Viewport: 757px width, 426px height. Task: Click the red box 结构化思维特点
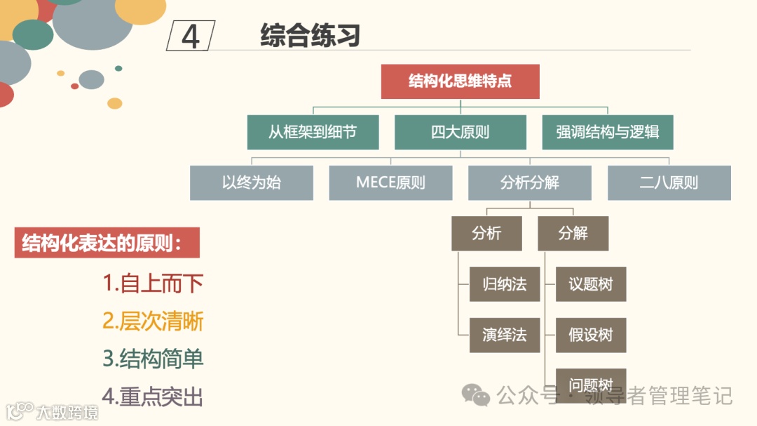pos(460,81)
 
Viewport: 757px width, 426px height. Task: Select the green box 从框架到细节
pos(313,132)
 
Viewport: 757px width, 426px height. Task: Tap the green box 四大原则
pos(460,132)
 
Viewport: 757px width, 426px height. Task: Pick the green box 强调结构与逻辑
pos(607,132)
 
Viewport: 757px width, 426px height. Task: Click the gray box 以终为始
pos(251,183)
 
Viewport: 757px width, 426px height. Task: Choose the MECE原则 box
pos(390,183)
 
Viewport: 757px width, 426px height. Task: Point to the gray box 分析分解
pos(529,183)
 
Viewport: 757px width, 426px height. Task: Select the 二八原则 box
pos(669,183)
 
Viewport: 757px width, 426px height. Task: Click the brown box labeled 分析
pos(486,234)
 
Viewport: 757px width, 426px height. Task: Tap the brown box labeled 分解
pos(573,234)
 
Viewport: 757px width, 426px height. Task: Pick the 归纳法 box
pos(505,284)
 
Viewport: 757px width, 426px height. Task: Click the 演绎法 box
pos(505,335)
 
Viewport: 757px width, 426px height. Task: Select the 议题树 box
pos(590,284)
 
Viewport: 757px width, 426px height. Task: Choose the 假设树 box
pos(590,335)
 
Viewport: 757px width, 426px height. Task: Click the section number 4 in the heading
pos(191,36)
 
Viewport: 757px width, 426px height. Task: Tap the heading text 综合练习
pos(310,35)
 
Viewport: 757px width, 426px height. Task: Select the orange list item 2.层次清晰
pos(153,321)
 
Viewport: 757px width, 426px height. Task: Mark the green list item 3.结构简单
pos(153,359)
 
